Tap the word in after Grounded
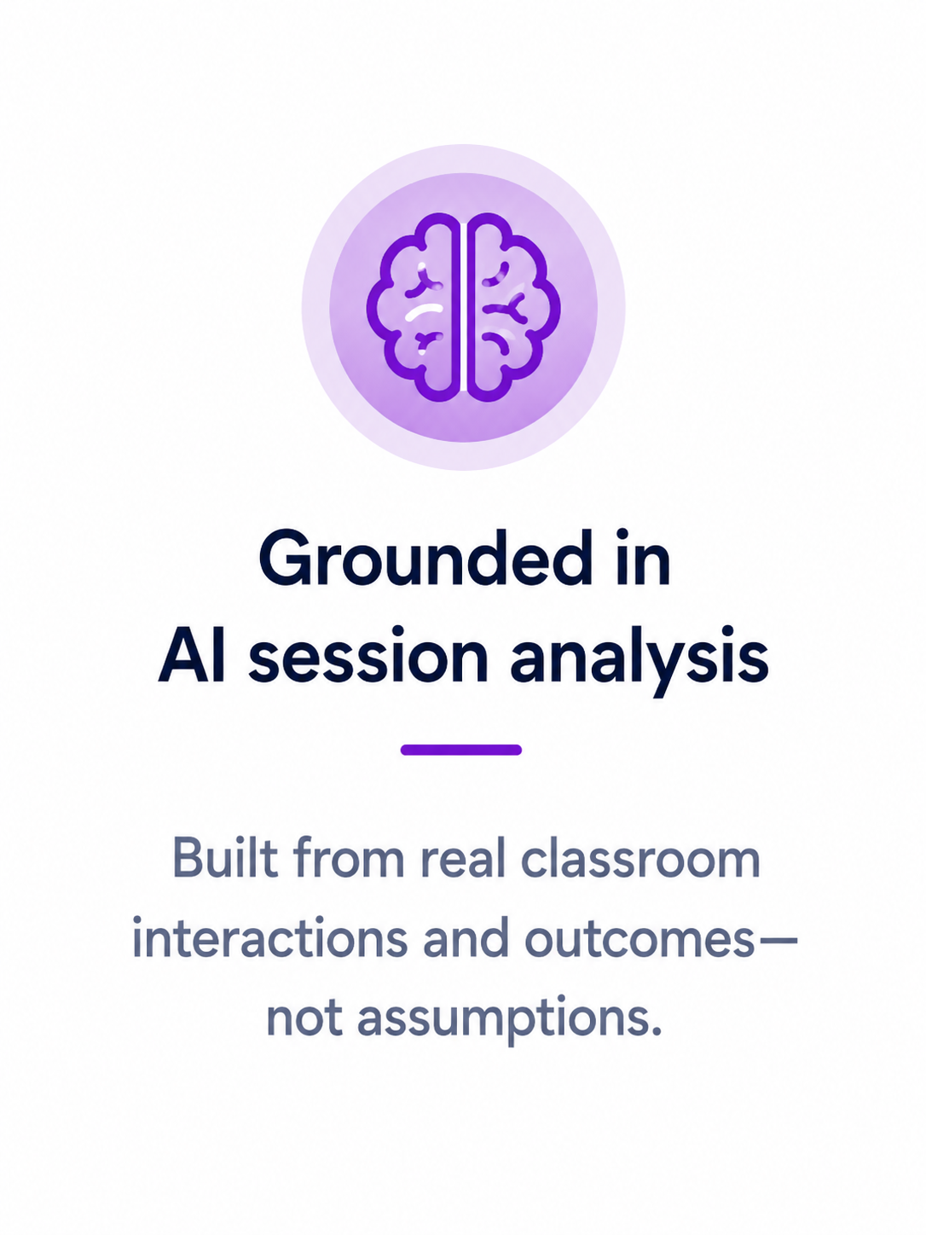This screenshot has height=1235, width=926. tap(643, 558)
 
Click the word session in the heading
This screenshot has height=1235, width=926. tap(368, 654)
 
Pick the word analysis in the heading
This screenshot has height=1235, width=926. tap(640, 660)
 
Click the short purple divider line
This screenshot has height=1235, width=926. tap(461, 750)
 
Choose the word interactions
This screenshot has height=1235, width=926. tap(270, 938)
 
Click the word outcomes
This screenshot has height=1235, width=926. tap(640, 939)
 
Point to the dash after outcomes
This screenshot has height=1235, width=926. tap(777, 941)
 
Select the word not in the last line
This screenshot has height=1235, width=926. tap(304, 1019)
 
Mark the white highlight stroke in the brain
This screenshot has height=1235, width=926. tap(424, 310)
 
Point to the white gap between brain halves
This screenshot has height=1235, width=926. tap(464, 307)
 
